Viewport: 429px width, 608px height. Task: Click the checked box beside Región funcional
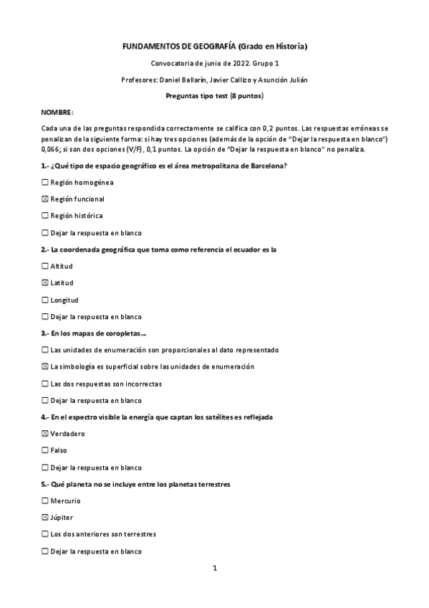pyautogui.click(x=45, y=199)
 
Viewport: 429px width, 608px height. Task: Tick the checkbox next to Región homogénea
pyautogui.click(x=45, y=182)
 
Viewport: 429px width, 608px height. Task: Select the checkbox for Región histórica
pyautogui.click(x=45, y=215)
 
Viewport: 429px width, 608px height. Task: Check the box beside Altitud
pyautogui.click(x=45, y=266)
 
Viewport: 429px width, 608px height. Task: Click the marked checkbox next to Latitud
pyautogui.click(x=45, y=283)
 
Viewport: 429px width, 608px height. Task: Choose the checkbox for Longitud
pyautogui.click(x=45, y=300)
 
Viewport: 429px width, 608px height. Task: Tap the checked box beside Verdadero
pyautogui.click(x=45, y=434)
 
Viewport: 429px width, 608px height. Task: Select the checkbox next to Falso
pyautogui.click(x=45, y=450)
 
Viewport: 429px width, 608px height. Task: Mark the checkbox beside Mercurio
pyautogui.click(x=45, y=500)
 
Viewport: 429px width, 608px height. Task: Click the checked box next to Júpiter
pyautogui.click(x=45, y=518)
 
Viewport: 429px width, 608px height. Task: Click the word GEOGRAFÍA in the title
pyautogui.click(x=209, y=47)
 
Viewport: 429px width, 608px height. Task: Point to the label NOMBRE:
pyautogui.click(x=57, y=113)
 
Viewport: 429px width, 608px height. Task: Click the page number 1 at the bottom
pyautogui.click(x=214, y=569)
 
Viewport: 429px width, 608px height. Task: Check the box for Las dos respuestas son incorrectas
pyautogui.click(x=45, y=384)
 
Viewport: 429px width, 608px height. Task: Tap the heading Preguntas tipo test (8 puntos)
pyautogui.click(x=214, y=96)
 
